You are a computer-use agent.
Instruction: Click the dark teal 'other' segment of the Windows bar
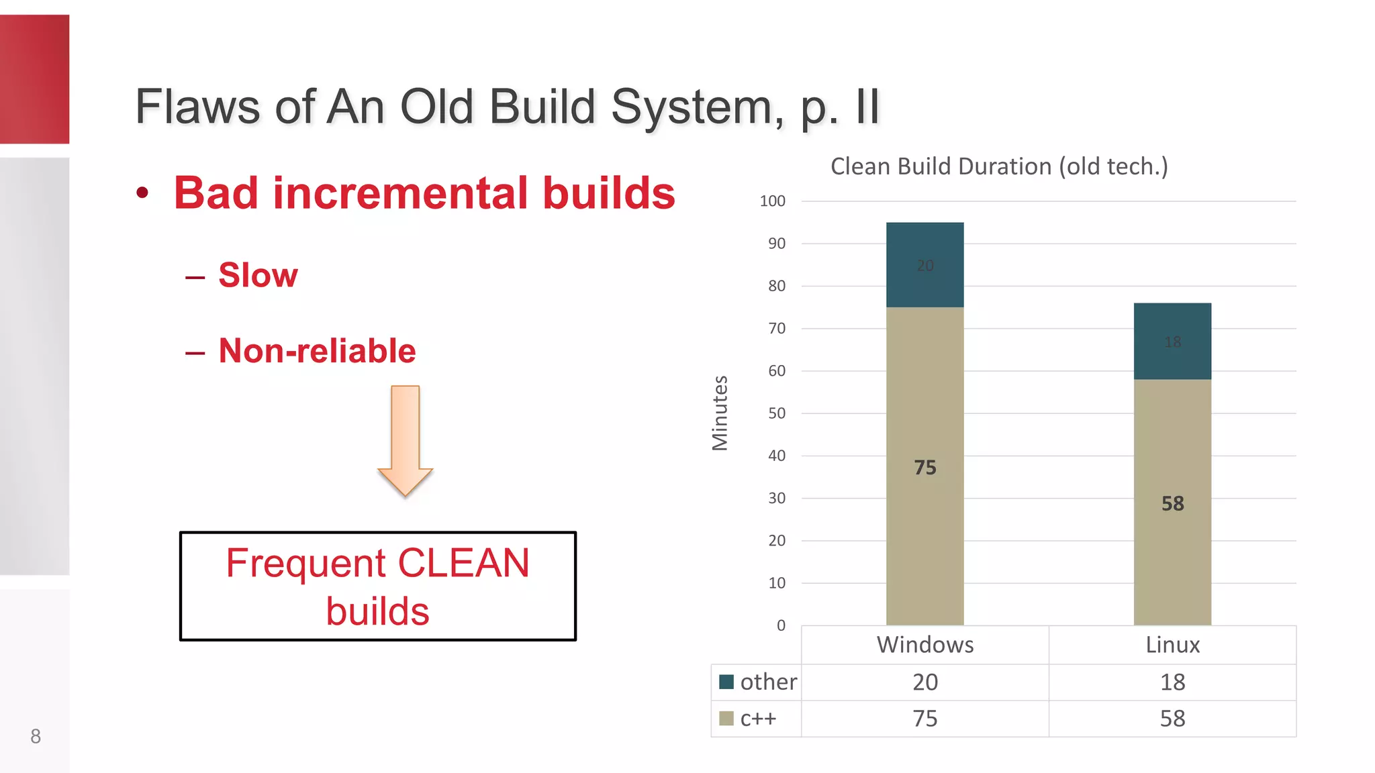pos(924,265)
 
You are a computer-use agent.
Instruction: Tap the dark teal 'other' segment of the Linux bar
pos(1172,341)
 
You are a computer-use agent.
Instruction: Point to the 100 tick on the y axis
pos(772,201)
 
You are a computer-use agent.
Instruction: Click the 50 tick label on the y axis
pos(776,413)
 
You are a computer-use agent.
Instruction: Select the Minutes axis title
pos(720,413)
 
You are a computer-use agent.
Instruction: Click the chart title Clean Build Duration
pos(998,166)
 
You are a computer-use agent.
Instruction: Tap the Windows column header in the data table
pos(924,645)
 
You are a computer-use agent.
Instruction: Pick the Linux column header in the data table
pos(1172,645)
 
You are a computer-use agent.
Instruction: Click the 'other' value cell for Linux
pos(1172,682)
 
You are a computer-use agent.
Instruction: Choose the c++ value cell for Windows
pos(924,719)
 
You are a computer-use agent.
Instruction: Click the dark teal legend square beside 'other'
pos(726,682)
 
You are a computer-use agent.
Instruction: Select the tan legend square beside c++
pos(726,719)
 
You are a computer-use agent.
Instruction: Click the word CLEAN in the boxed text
pos(463,563)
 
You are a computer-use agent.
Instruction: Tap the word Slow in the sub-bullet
pos(258,275)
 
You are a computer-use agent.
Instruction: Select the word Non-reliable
pos(317,351)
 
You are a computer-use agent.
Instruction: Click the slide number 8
pos(36,736)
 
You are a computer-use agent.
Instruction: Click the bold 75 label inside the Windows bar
pos(924,468)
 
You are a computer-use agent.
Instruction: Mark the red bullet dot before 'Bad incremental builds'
pos(142,193)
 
